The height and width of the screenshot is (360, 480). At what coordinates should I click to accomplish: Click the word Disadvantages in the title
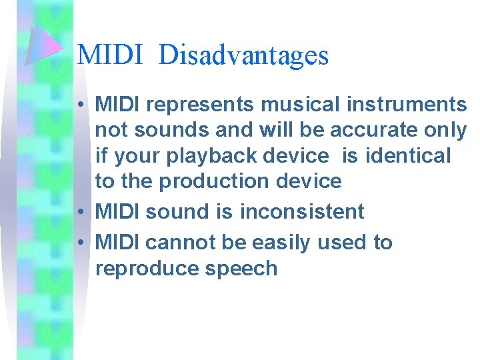click(244, 55)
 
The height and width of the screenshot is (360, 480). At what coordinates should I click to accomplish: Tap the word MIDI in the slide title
click(111, 55)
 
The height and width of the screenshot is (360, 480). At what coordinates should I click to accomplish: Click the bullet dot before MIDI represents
click(79, 105)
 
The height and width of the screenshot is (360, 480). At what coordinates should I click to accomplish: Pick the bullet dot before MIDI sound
click(79, 212)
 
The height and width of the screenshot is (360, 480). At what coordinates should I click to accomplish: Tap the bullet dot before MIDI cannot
click(79, 243)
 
